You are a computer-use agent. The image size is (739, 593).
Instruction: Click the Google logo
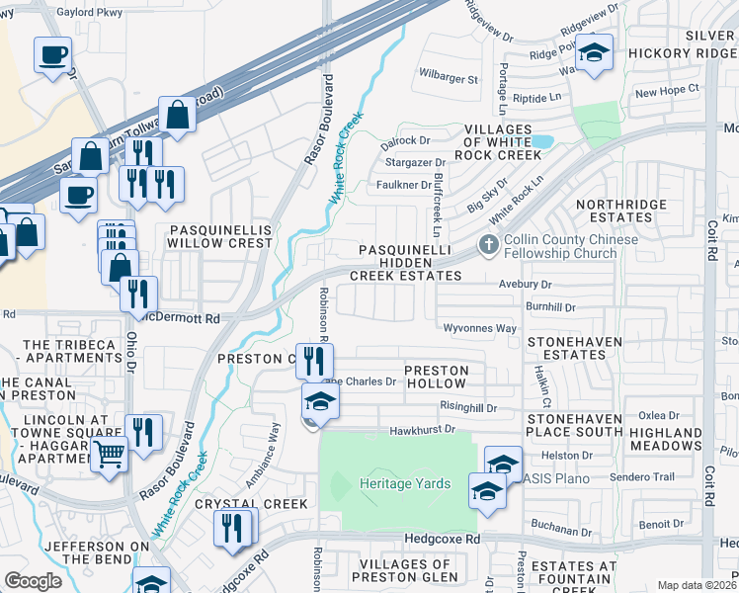[33, 581]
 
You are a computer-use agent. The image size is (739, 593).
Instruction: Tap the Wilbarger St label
[448, 77]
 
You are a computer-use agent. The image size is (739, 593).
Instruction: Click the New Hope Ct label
[667, 90]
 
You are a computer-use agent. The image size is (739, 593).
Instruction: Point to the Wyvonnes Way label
[480, 328]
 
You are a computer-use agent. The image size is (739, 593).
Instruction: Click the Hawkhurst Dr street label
[421, 429]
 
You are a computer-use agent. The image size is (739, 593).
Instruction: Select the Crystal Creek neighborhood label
[251, 503]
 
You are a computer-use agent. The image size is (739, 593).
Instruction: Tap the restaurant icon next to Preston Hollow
[314, 359]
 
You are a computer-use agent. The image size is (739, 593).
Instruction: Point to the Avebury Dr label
[524, 285]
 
